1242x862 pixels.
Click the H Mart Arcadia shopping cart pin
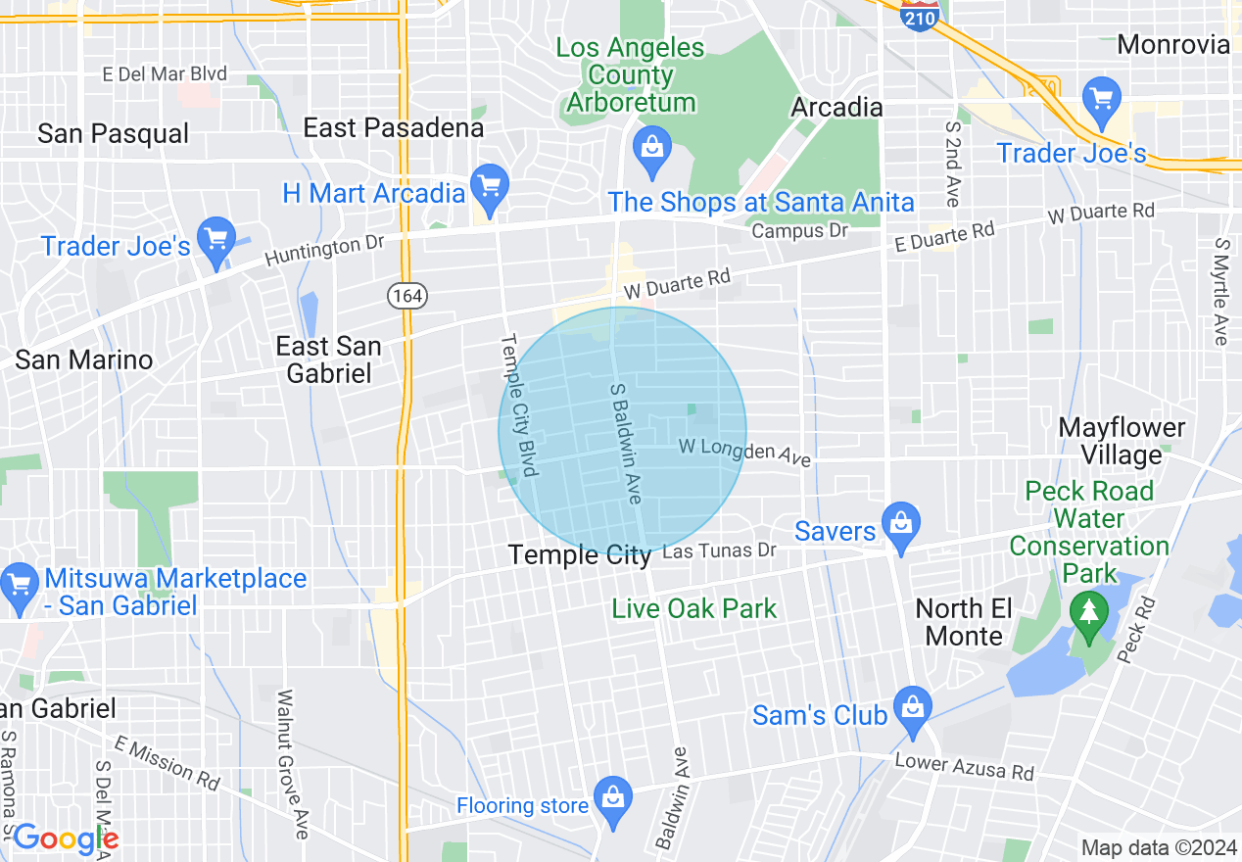pos(489,184)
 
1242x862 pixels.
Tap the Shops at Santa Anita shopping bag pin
pos(650,147)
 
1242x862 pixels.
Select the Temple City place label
pos(580,555)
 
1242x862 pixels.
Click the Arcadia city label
pos(837,107)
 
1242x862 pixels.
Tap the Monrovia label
pos(1173,44)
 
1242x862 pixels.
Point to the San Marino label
pos(84,359)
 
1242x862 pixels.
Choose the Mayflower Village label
pos(1122,441)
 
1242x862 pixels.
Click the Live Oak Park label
pos(693,608)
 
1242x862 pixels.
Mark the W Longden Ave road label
pos(745,451)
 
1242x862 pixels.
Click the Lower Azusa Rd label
pos(964,766)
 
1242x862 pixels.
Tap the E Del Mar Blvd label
pos(165,74)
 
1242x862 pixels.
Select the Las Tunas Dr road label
pos(719,551)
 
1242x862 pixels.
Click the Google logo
pos(65,838)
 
